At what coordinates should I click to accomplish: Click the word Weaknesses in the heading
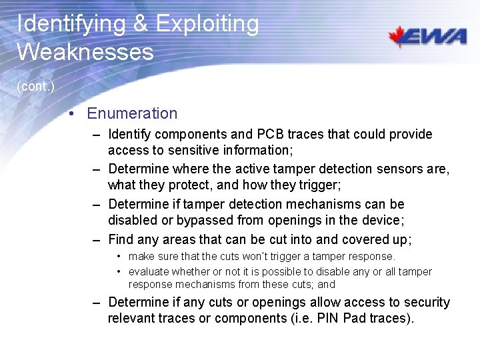85,51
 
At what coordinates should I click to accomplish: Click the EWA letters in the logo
439,37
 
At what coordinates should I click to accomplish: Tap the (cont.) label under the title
35,87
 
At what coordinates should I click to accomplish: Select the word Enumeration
132,113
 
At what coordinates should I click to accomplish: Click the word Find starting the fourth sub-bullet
121,239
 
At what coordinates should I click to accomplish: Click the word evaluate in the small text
149,271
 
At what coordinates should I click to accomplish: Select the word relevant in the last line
131,318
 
